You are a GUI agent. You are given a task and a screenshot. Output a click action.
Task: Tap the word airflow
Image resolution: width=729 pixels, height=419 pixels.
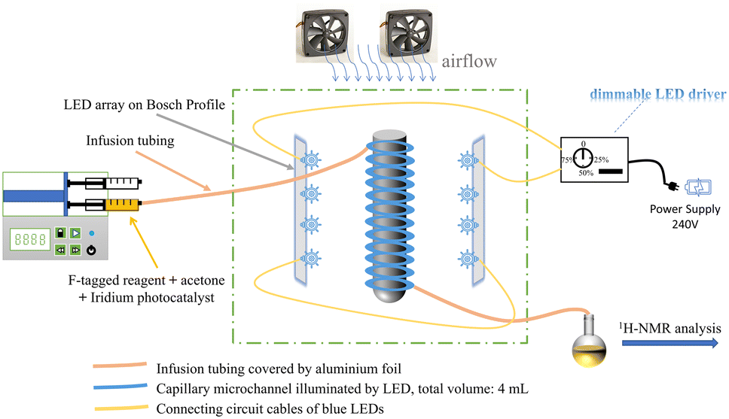point(470,62)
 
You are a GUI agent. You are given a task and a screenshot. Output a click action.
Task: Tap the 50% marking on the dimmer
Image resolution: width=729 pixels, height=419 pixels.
point(585,174)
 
